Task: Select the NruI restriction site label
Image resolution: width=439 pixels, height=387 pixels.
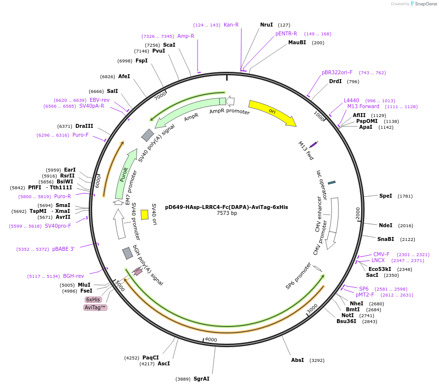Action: tap(267, 25)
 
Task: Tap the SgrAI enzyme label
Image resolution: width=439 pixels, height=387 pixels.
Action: tap(202, 379)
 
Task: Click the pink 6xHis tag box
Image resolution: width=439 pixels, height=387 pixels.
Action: tap(93, 299)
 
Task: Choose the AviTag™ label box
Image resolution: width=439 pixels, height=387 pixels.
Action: tap(95, 307)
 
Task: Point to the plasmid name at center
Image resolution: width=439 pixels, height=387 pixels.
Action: tap(227, 207)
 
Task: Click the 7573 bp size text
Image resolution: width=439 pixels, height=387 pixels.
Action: tap(227, 213)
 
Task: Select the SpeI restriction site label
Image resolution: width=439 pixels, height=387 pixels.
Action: tap(386, 196)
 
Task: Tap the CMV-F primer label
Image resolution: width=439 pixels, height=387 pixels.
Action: tap(381, 254)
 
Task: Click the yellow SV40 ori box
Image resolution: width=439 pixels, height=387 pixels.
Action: tap(144, 214)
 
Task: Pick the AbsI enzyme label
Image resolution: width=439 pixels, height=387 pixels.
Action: tap(298, 360)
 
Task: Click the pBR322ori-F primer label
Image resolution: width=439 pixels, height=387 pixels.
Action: tap(337, 72)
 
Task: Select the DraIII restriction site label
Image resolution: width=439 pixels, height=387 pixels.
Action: tap(84, 126)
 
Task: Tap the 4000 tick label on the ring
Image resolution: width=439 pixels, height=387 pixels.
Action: tap(211, 339)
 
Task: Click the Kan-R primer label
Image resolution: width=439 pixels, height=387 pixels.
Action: tap(231, 25)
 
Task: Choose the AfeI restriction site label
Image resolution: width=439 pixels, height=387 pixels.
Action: tap(124, 76)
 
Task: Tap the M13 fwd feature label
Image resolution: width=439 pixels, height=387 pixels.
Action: tap(306, 150)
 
